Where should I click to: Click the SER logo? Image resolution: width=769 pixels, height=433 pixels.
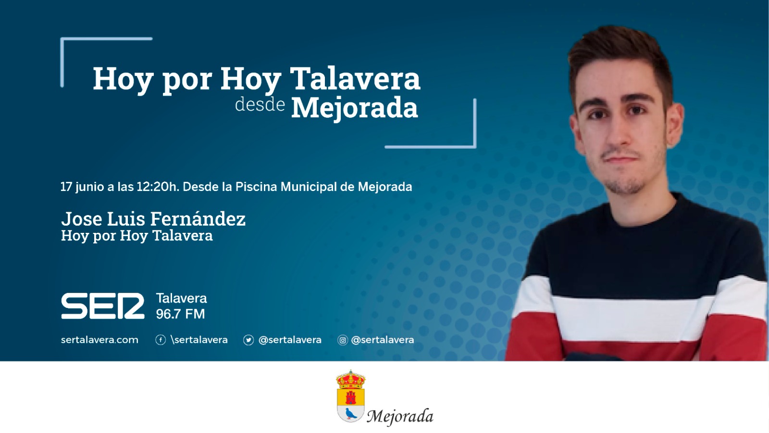(x=103, y=306)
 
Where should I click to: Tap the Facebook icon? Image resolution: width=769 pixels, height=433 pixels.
(x=161, y=340)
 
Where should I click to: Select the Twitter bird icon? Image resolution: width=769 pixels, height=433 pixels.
(x=248, y=340)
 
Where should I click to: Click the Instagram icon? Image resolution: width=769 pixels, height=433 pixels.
(x=342, y=340)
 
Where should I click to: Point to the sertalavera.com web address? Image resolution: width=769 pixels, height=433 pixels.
(x=99, y=340)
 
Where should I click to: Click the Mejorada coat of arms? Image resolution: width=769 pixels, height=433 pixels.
(x=350, y=396)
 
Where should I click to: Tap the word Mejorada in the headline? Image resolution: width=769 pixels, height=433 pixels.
(x=355, y=108)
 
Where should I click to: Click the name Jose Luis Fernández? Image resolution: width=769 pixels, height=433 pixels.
(x=153, y=218)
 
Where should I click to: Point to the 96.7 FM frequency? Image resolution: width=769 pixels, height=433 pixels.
(x=181, y=314)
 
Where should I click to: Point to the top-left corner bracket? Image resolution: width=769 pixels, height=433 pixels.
(x=62, y=39)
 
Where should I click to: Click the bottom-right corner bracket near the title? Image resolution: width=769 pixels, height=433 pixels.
(x=475, y=147)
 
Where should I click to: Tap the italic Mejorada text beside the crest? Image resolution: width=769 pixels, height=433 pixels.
(x=400, y=417)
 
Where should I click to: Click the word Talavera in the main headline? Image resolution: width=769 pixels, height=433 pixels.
(x=355, y=79)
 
